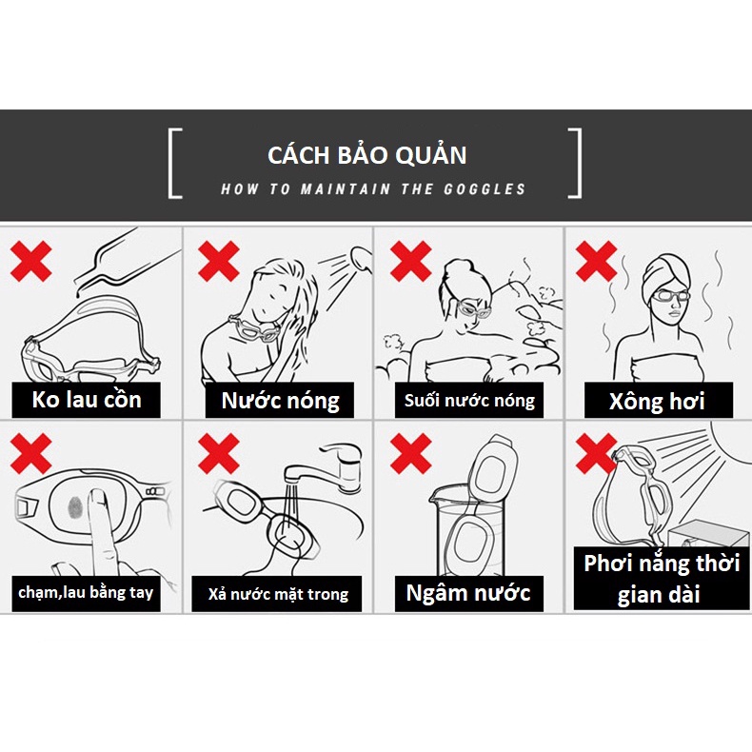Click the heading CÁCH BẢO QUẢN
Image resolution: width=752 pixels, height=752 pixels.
point(366,155)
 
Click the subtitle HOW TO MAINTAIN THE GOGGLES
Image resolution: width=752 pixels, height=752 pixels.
point(373,189)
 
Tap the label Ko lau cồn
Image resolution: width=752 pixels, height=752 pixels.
point(87,399)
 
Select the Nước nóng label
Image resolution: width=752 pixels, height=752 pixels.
point(280,400)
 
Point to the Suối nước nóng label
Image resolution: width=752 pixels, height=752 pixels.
point(469,400)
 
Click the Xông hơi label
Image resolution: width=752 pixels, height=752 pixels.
point(657,401)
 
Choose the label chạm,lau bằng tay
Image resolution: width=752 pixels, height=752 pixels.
point(85,594)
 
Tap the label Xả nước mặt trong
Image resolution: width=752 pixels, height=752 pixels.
point(278,595)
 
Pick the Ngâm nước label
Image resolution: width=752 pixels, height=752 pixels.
point(468,593)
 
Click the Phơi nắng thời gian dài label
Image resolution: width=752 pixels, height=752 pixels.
point(662,578)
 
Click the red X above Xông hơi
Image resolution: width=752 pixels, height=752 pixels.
point(597,260)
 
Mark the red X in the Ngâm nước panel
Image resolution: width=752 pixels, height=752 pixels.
point(410,454)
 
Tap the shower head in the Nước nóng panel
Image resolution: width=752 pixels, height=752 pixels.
point(360,255)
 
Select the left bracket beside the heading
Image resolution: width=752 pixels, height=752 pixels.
point(173,164)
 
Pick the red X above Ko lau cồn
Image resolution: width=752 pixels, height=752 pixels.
point(30,260)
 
